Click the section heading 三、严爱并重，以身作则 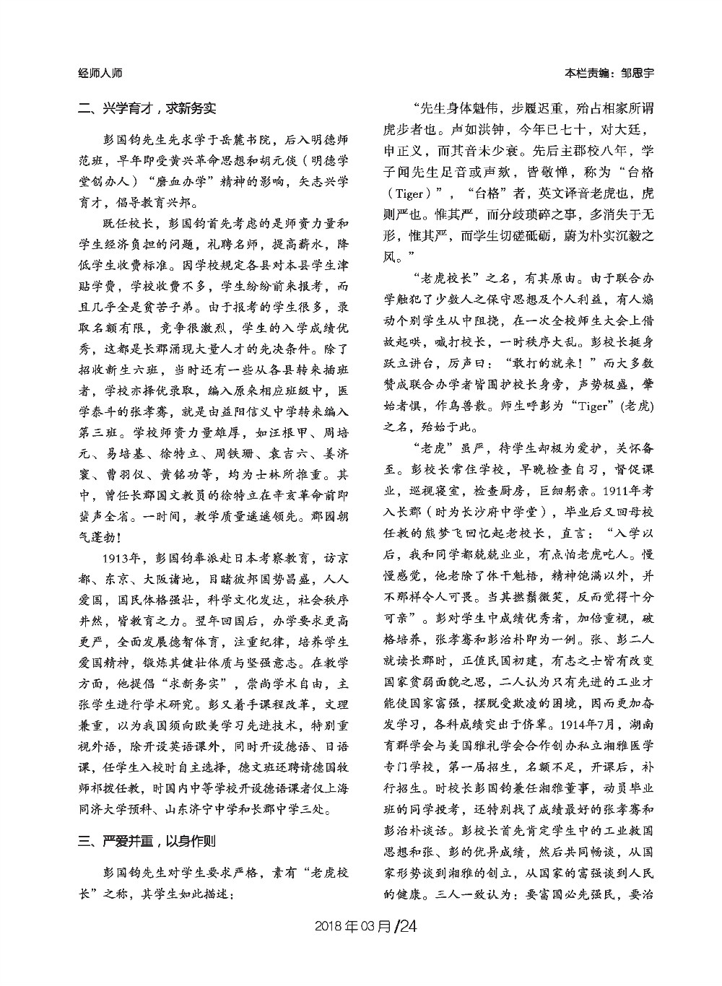pyautogui.click(x=147, y=841)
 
